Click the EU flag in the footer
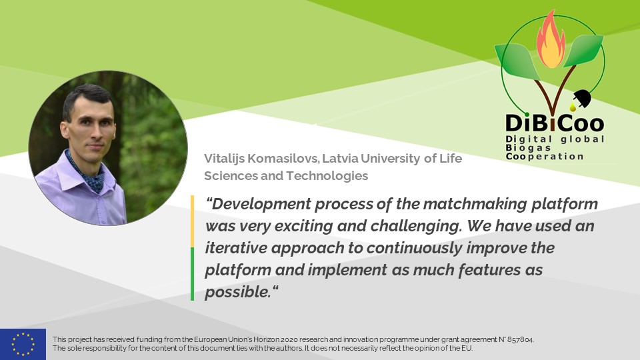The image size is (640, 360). coord(23,344)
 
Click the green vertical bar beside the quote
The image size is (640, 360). coord(193,273)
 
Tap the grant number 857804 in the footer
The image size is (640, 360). coord(520,339)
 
